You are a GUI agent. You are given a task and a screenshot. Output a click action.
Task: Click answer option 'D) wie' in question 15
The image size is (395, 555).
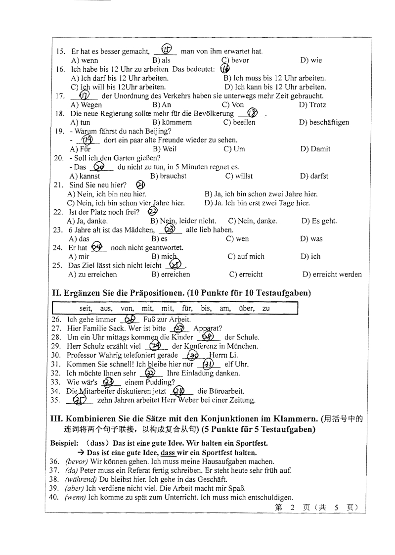click(x=310, y=60)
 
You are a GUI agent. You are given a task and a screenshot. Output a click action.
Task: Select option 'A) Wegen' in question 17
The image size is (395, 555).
click(x=87, y=105)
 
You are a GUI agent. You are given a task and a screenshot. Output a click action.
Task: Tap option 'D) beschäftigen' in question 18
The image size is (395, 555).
click(x=324, y=122)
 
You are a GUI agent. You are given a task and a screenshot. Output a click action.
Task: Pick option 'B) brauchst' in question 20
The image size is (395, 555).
click(x=168, y=176)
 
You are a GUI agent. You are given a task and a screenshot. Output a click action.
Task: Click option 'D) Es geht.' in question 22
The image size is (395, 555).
click(x=319, y=221)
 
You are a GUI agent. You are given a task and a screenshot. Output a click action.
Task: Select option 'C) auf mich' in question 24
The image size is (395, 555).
click(x=245, y=257)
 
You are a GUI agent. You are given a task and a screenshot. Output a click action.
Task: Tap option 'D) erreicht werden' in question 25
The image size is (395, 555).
click(x=332, y=275)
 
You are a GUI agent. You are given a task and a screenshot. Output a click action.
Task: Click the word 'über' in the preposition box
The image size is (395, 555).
click(x=246, y=309)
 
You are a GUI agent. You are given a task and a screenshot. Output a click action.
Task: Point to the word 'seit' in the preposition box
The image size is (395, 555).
click(x=86, y=309)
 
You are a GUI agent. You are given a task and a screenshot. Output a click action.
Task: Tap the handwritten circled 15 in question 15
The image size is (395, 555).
click(x=167, y=50)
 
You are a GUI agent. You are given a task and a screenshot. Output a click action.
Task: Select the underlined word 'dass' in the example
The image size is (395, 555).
click(x=168, y=453)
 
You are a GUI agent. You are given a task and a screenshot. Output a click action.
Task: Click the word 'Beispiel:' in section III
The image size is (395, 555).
click(x=65, y=444)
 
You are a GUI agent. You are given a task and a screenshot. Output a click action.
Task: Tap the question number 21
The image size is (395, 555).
click(x=57, y=185)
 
